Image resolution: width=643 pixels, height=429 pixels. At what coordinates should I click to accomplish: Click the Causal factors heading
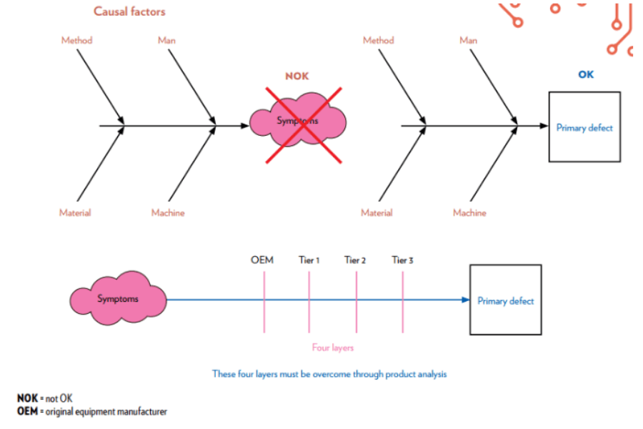click(x=130, y=11)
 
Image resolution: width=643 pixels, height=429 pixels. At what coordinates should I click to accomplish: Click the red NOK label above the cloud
click(x=297, y=76)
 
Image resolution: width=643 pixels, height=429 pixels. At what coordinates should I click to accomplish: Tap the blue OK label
click(x=585, y=74)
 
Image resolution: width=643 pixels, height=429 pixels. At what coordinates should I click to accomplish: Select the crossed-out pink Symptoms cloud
click(x=298, y=122)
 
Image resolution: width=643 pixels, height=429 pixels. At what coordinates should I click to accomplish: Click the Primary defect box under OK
click(x=584, y=127)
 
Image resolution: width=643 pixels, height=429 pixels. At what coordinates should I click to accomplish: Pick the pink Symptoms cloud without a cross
click(x=118, y=299)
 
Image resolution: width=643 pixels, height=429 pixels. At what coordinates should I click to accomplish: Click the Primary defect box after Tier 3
click(x=505, y=300)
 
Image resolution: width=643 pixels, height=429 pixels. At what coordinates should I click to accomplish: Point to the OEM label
click(x=262, y=260)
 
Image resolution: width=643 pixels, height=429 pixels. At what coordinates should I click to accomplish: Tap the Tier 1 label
click(x=309, y=260)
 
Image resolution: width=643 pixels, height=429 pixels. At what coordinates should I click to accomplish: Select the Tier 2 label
click(x=355, y=260)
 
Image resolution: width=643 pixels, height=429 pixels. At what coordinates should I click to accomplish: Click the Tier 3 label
click(x=402, y=260)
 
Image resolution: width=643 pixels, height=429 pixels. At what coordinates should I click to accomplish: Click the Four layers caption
click(x=332, y=348)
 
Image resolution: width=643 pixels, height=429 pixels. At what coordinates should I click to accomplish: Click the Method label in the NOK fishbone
click(x=76, y=41)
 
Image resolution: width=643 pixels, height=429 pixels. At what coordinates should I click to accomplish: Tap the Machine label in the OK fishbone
click(x=469, y=212)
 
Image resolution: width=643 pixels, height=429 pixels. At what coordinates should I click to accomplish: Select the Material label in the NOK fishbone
click(x=75, y=212)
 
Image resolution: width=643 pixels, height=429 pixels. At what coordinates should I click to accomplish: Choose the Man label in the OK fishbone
click(x=468, y=41)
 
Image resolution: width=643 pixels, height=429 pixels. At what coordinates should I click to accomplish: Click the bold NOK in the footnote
click(x=27, y=398)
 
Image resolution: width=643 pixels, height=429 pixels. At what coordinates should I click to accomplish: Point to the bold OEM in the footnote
click(x=27, y=411)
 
